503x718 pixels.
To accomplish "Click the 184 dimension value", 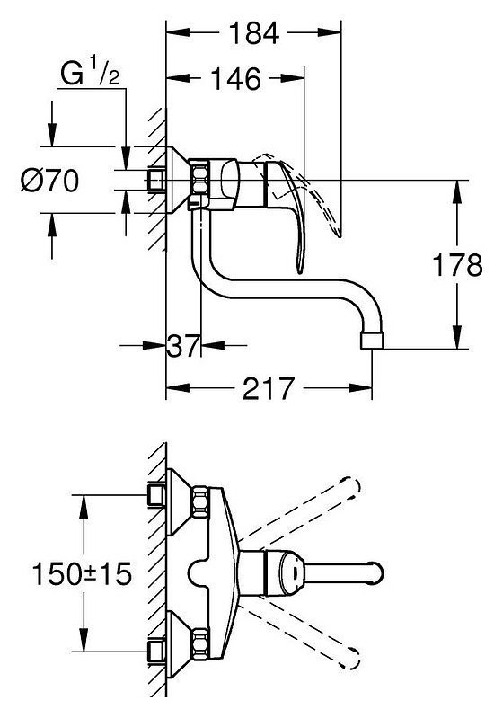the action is [253, 33].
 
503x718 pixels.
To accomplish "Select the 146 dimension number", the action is [235, 79].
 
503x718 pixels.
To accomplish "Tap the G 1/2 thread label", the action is [90, 74].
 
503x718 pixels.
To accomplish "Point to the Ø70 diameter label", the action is [50, 181].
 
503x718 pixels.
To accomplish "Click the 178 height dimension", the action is [458, 265].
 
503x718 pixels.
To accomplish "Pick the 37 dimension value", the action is [183, 345].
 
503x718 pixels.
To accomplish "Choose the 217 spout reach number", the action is [269, 388].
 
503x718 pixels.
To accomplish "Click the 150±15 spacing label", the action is [82, 573].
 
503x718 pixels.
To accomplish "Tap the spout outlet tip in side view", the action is [373, 341].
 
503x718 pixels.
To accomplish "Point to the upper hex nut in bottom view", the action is [200, 501].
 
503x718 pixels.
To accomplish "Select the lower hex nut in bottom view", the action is [200, 643].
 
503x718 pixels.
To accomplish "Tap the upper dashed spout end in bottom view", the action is [352, 488].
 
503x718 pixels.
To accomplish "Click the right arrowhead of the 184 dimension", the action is [330, 32].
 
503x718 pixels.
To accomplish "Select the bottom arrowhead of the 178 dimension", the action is [457, 337].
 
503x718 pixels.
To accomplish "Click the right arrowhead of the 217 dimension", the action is [360, 388].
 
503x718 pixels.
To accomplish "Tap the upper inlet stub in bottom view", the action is [156, 495].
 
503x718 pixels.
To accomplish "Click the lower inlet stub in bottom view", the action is [156, 652].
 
